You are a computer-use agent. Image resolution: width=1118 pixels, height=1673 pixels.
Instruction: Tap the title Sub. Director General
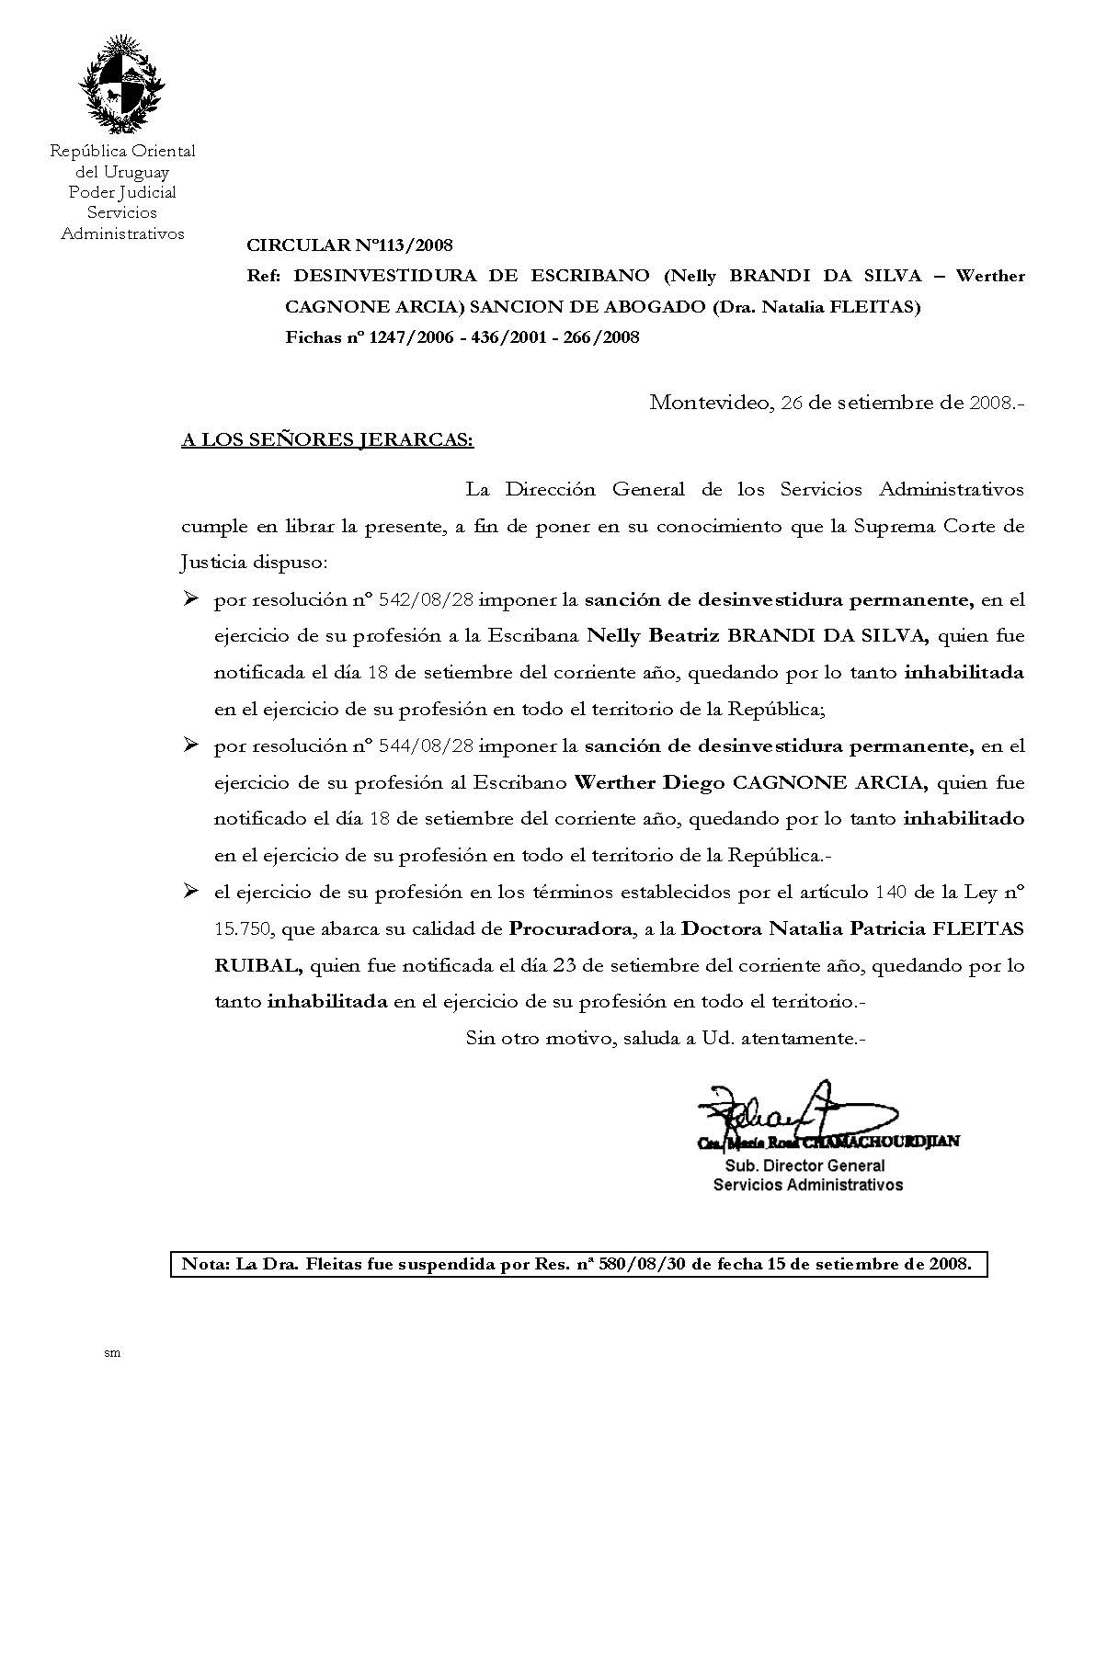(x=804, y=1166)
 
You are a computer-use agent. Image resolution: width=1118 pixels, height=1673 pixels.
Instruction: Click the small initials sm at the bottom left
(x=113, y=1353)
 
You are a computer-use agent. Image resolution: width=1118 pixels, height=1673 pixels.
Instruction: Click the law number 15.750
(x=242, y=928)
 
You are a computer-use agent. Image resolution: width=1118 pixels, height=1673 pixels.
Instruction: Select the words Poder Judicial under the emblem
(x=122, y=192)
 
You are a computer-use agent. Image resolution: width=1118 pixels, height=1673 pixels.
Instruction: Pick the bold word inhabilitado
(x=964, y=818)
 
